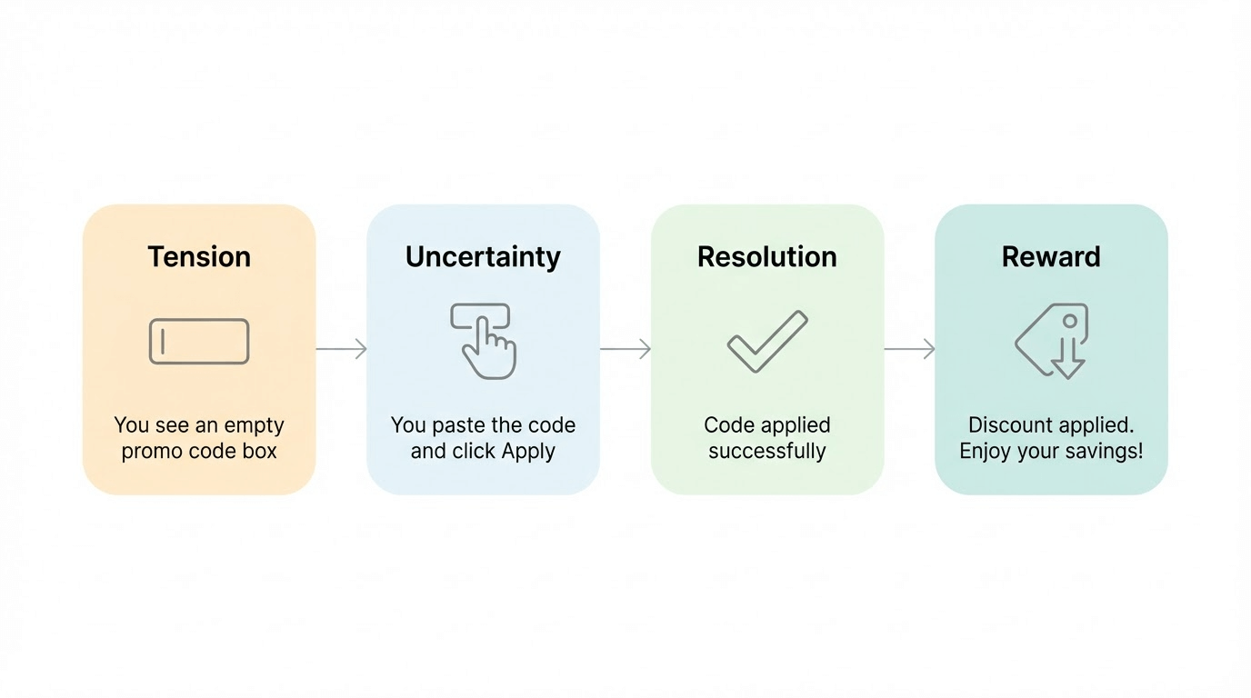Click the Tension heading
(x=199, y=257)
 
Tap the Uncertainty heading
(x=483, y=257)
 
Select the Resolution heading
(x=766, y=257)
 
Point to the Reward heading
(x=1051, y=257)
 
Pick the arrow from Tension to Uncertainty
(x=341, y=349)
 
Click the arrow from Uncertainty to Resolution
(x=625, y=349)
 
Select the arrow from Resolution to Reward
(x=909, y=349)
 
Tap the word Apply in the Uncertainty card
(x=527, y=452)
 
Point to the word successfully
(x=766, y=451)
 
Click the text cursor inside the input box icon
(x=163, y=341)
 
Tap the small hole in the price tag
(x=1070, y=321)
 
